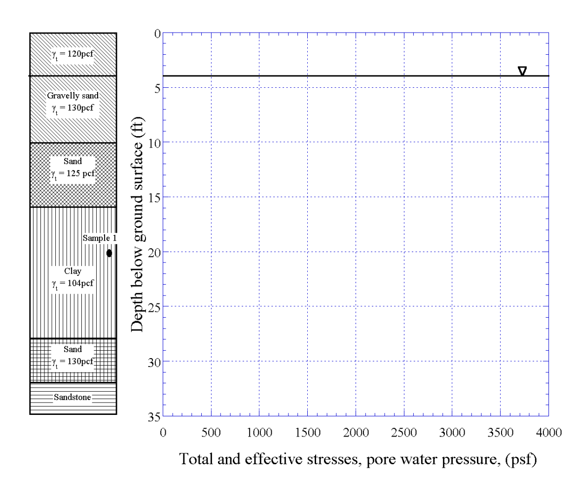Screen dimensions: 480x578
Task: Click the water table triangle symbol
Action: pos(522,71)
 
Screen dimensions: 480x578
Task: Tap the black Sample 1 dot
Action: pos(109,253)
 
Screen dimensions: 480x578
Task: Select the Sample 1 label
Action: pos(100,238)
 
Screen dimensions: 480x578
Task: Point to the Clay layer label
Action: pos(73,271)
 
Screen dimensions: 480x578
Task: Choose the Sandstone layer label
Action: pos(73,397)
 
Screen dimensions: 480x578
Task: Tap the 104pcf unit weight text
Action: pos(73,284)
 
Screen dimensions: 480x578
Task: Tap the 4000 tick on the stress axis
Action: pos(548,432)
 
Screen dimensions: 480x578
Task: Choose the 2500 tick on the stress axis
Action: pos(404,432)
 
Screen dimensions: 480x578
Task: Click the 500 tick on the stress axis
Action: pos(211,432)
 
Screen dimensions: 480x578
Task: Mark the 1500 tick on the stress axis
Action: pos(307,432)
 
